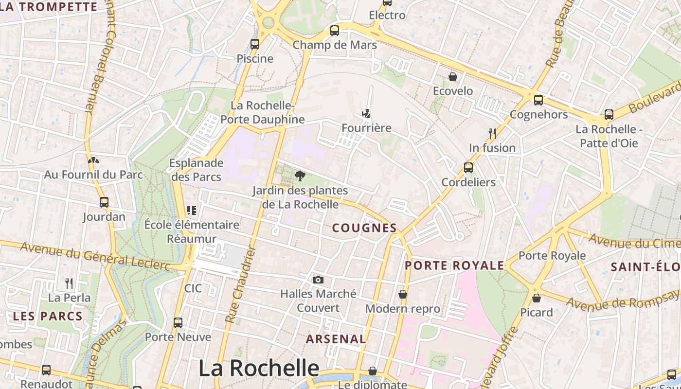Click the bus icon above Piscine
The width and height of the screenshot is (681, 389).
point(255,44)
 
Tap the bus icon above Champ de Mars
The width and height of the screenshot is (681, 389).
point(335,31)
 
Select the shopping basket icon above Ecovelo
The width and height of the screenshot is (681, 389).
point(453,77)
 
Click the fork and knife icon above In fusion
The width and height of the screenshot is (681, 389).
point(492,133)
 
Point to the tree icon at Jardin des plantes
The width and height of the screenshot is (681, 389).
point(300,176)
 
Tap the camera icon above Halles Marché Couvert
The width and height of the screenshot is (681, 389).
point(318,280)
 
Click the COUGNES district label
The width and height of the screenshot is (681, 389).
point(364,228)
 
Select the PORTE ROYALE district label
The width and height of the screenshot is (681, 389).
point(454,265)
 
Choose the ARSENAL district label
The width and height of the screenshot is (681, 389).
point(336,339)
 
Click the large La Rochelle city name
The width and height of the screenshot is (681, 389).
point(259,368)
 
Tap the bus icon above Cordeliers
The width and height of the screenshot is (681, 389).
point(468,168)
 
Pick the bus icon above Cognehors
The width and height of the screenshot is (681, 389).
point(538,100)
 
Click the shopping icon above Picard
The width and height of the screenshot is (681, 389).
point(537,298)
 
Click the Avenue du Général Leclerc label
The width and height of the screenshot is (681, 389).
point(95,256)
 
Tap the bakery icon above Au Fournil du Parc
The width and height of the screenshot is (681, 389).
point(93,160)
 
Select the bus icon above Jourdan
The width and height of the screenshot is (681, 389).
point(104,202)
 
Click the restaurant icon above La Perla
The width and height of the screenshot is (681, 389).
point(69,283)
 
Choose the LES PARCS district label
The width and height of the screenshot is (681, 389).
point(48,316)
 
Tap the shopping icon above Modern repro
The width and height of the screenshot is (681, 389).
point(403,294)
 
